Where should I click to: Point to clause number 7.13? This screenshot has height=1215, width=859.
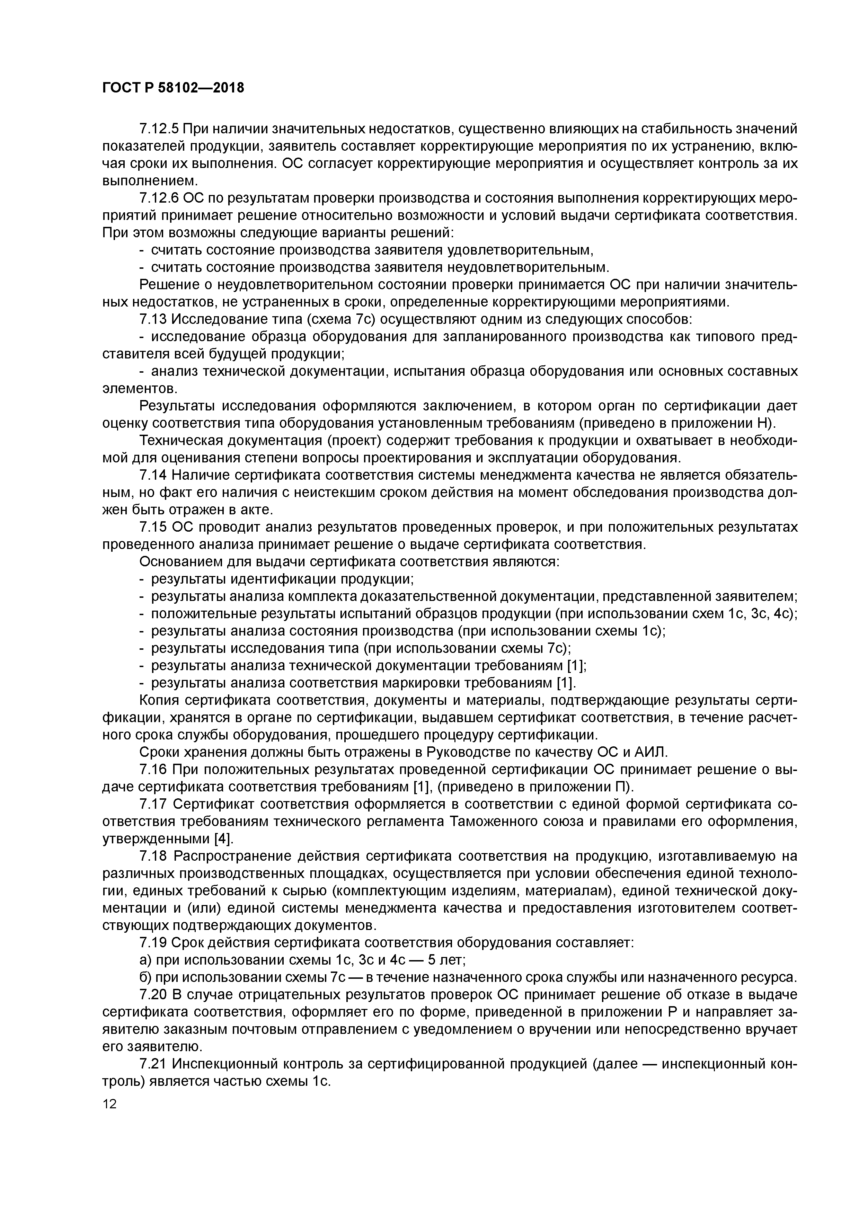153,320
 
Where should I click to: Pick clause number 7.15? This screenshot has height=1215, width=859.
153,527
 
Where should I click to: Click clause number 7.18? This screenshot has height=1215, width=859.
153,857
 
